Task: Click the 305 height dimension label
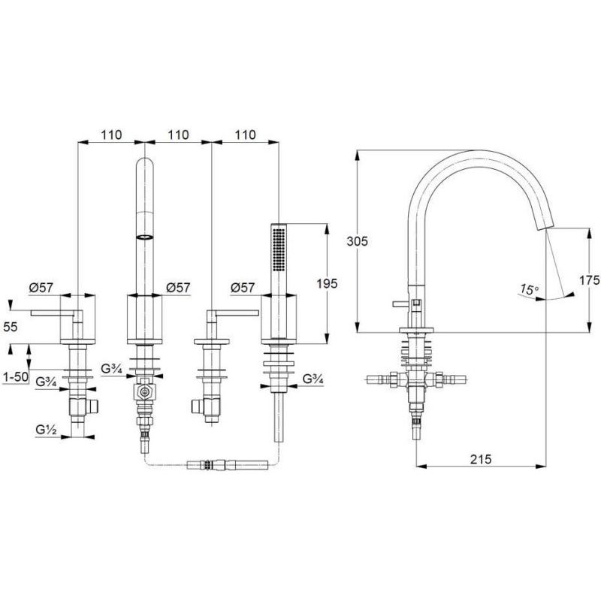point(359,241)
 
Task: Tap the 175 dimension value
point(589,279)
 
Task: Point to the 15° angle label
point(530,288)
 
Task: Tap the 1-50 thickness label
point(15,375)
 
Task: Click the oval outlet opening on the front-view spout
point(144,237)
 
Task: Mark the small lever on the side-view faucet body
point(398,305)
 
